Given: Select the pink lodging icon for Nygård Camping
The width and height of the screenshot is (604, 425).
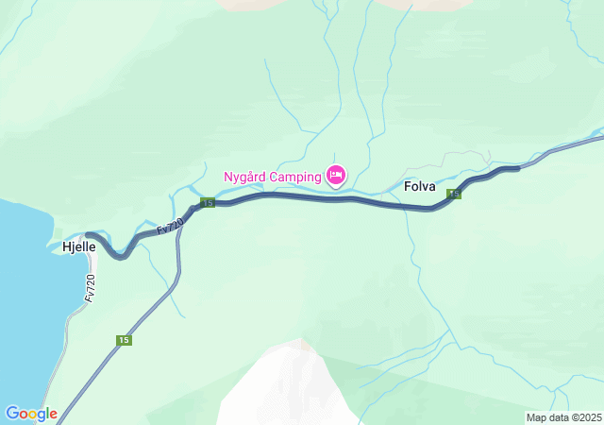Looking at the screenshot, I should [x=336, y=175].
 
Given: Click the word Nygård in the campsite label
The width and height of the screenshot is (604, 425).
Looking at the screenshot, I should [x=245, y=177].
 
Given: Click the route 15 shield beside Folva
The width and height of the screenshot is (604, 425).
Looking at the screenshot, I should [x=454, y=195].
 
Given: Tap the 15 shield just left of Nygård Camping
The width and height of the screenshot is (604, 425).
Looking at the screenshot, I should [x=208, y=203].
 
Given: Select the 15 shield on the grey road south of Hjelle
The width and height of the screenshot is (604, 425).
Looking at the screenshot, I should [x=124, y=340].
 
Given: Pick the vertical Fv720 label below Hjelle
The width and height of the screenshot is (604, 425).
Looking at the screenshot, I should [x=91, y=287].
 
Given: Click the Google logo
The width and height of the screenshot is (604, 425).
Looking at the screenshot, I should [x=31, y=414].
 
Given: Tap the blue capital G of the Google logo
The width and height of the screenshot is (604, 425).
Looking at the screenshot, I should [x=12, y=414].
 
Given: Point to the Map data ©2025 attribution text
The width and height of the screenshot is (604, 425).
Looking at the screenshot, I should [x=562, y=417].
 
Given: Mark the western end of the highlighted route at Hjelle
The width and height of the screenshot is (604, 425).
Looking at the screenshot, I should [x=87, y=234].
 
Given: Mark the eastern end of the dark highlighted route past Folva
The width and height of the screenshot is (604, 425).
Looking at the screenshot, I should [x=517, y=169].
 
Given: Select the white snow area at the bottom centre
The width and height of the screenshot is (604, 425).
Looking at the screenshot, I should [x=283, y=387].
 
